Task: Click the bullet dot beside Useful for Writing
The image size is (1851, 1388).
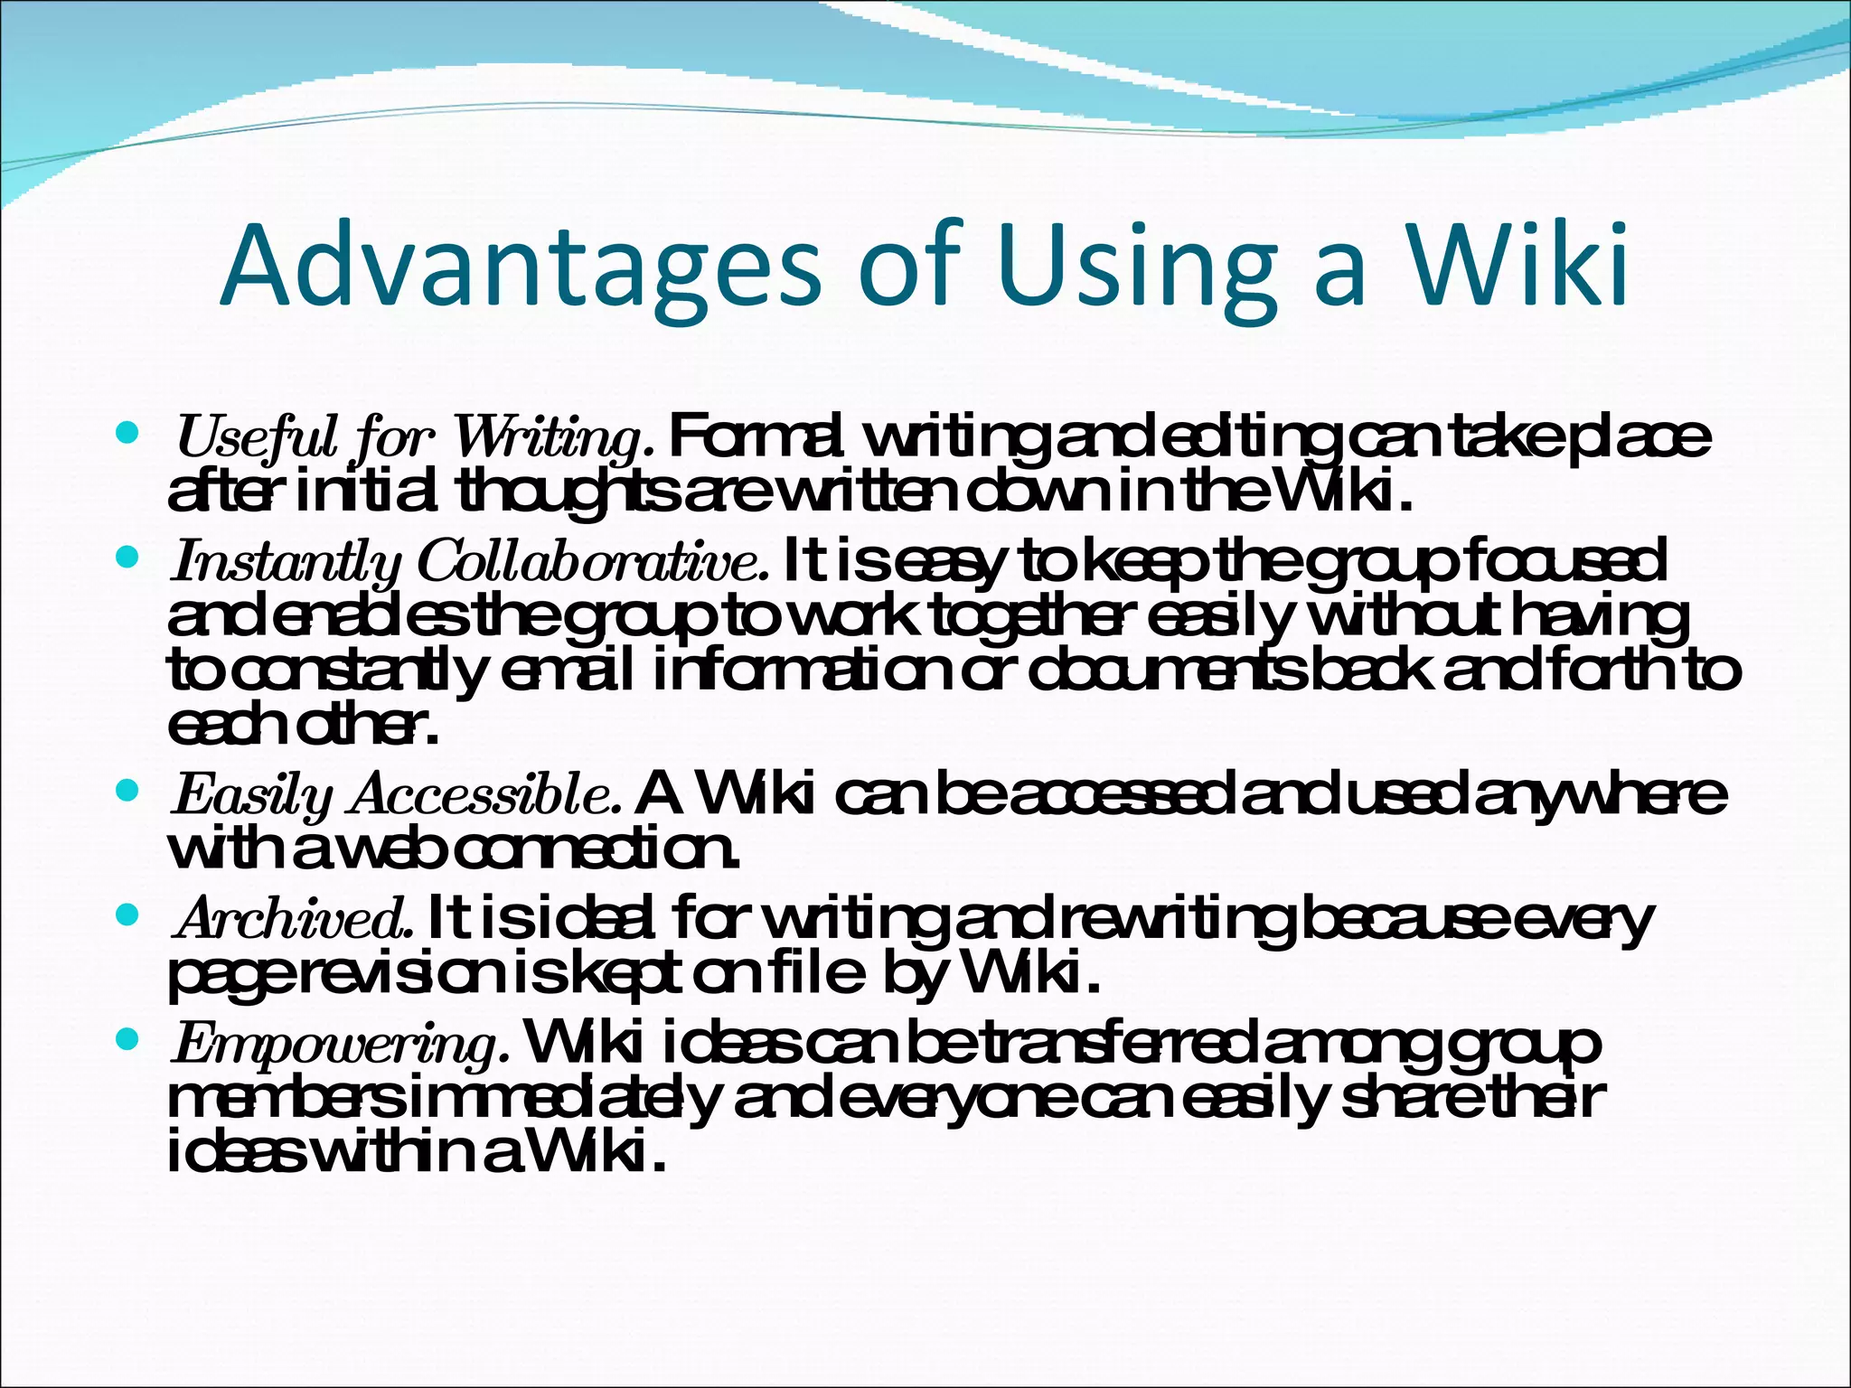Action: tap(127, 434)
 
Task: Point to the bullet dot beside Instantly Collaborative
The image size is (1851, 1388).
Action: tap(127, 559)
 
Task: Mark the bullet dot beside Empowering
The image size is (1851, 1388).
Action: tap(127, 1040)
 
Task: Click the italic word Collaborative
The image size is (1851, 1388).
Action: tap(593, 562)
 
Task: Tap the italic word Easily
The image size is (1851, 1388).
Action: tap(253, 796)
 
